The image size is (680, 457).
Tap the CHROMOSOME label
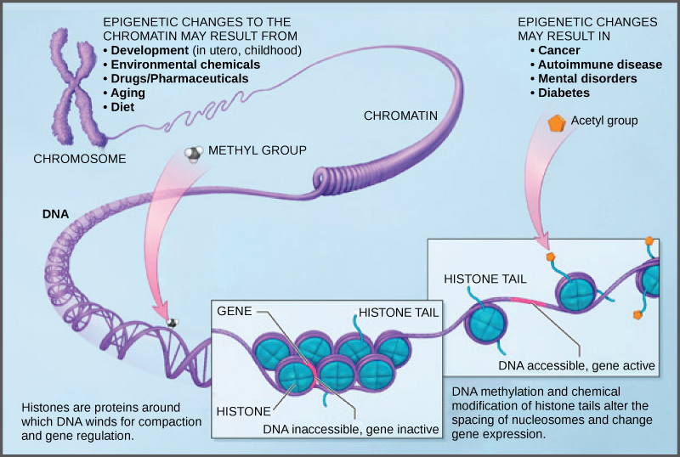tap(80, 159)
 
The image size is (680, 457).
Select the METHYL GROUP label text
tap(258, 150)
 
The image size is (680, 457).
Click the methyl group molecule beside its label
tap(195, 154)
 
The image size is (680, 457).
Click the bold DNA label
tap(55, 215)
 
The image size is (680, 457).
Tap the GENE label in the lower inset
tap(235, 312)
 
